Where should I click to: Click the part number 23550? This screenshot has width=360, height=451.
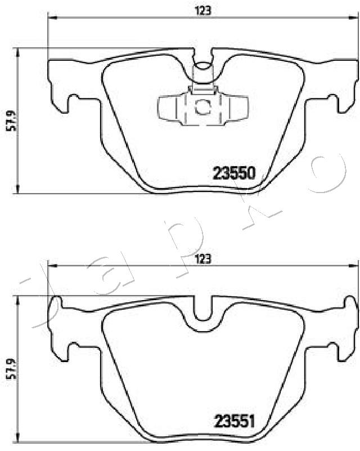[234, 173]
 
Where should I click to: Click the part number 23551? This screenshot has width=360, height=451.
[235, 422]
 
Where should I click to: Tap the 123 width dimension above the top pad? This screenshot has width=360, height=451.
[203, 11]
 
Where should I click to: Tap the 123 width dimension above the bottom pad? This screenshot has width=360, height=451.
[203, 259]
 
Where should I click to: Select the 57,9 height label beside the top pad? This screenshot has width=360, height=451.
[12, 121]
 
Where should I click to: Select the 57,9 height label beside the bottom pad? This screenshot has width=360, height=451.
[12, 370]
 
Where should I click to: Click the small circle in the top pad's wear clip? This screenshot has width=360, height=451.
[202, 107]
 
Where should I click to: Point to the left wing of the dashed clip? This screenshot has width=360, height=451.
[167, 108]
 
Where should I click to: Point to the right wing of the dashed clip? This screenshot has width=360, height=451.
[238, 108]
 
